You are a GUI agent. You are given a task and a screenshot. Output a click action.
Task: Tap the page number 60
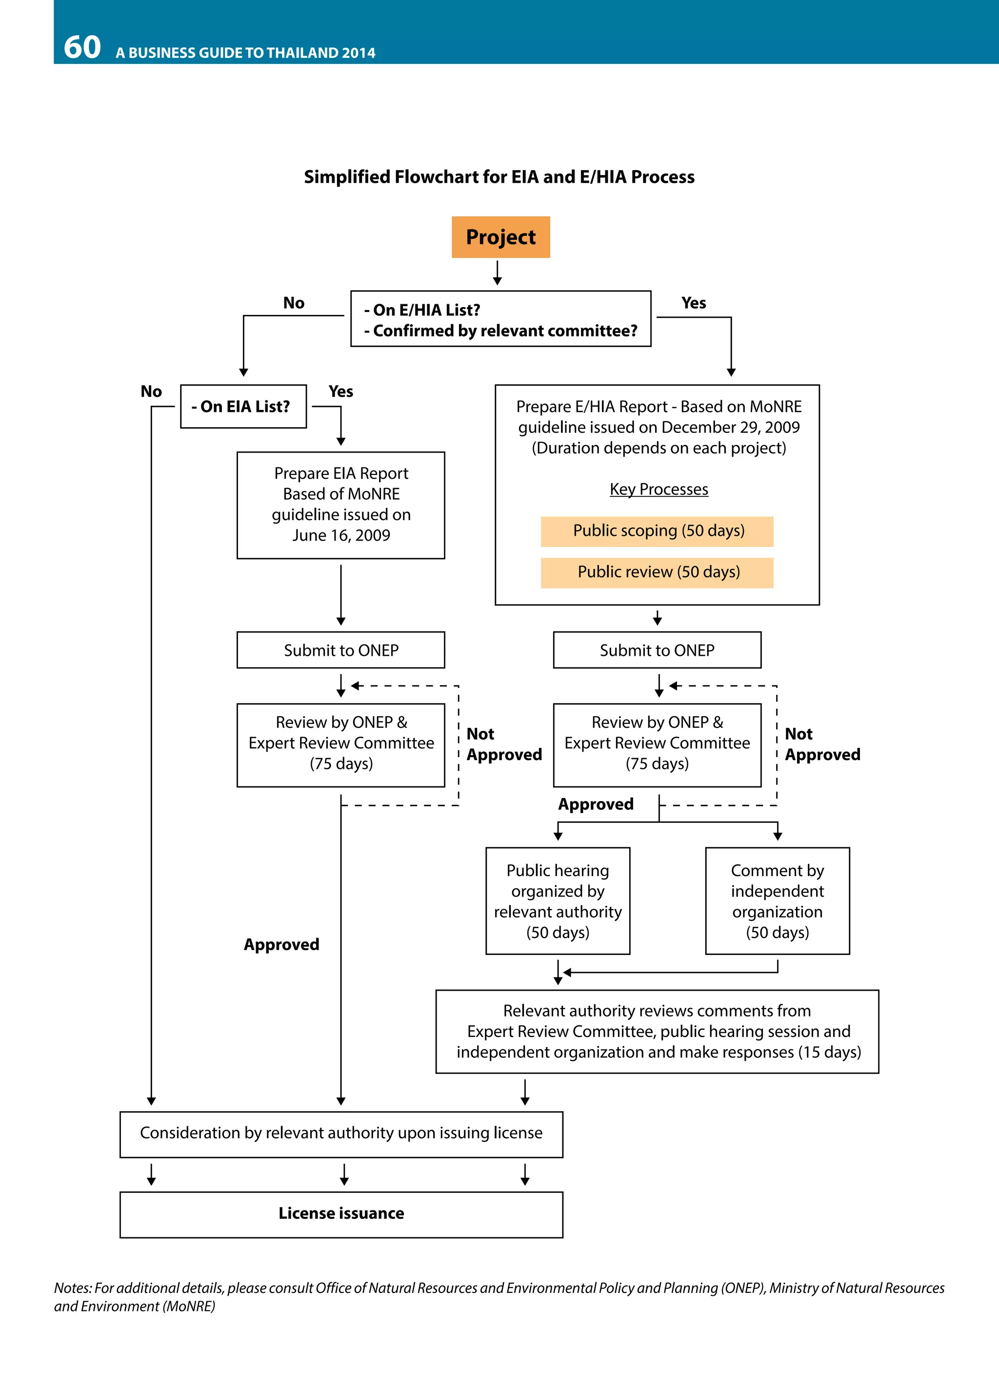82,47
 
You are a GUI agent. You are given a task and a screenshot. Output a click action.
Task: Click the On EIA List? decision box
243,406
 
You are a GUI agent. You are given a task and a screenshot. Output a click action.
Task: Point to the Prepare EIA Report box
341,505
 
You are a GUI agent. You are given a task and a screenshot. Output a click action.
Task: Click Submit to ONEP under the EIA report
341,650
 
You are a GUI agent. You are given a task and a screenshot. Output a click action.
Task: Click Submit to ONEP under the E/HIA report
657,650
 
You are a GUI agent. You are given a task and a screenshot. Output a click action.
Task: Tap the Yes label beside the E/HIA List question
693,303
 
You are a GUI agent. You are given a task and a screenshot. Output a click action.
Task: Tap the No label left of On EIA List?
151,391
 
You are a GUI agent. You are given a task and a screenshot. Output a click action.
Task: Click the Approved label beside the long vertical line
281,944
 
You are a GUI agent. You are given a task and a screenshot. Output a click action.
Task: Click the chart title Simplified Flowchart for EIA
499,177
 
